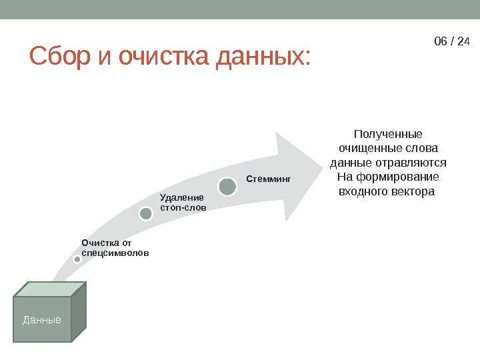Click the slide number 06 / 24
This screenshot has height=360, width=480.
(x=452, y=41)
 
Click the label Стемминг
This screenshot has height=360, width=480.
(x=269, y=179)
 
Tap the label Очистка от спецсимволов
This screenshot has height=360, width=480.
(x=115, y=248)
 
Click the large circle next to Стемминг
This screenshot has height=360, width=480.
(x=227, y=186)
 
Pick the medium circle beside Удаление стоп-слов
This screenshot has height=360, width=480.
(x=147, y=213)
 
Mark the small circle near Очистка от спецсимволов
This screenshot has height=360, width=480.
(x=77, y=260)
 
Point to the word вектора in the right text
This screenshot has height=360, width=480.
(x=413, y=192)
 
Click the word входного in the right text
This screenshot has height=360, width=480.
(x=365, y=192)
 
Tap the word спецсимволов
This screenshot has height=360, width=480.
(x=115, y=253)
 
